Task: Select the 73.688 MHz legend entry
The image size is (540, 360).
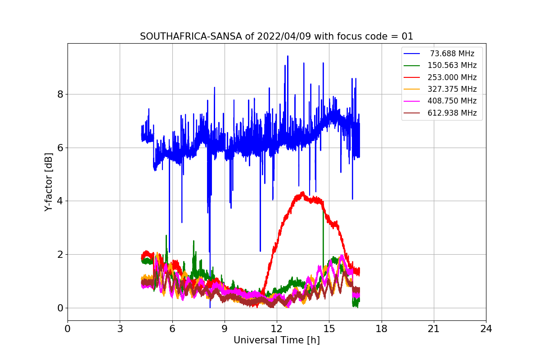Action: coord(451,54)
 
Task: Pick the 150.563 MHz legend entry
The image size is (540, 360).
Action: coord(452,66)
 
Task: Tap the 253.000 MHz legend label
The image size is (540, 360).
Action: coord(452,77)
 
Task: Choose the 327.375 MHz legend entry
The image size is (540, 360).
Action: coord(452,89)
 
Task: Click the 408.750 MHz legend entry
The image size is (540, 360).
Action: coord(452,101)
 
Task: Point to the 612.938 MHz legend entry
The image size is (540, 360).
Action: coord(452,113)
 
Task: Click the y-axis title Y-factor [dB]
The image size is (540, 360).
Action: coord(49,182)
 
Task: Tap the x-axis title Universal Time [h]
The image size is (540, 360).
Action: coord(276,340)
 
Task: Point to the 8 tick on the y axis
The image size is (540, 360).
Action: coord(60,94)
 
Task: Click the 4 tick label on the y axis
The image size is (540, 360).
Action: coord(60,201)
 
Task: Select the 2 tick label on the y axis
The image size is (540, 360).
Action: coord(60,254)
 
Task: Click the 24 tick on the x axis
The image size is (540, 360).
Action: coord(486,328)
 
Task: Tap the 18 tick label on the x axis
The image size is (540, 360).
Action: coord(381,328)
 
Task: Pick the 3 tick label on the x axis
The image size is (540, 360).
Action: coord(120,328)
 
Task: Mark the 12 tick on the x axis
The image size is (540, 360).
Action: coord(276,328)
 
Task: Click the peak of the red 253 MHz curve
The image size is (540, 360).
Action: coord(302,193)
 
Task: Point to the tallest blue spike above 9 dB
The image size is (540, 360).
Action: coord(288,56)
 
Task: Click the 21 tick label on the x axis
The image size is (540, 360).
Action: coord(433,328)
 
